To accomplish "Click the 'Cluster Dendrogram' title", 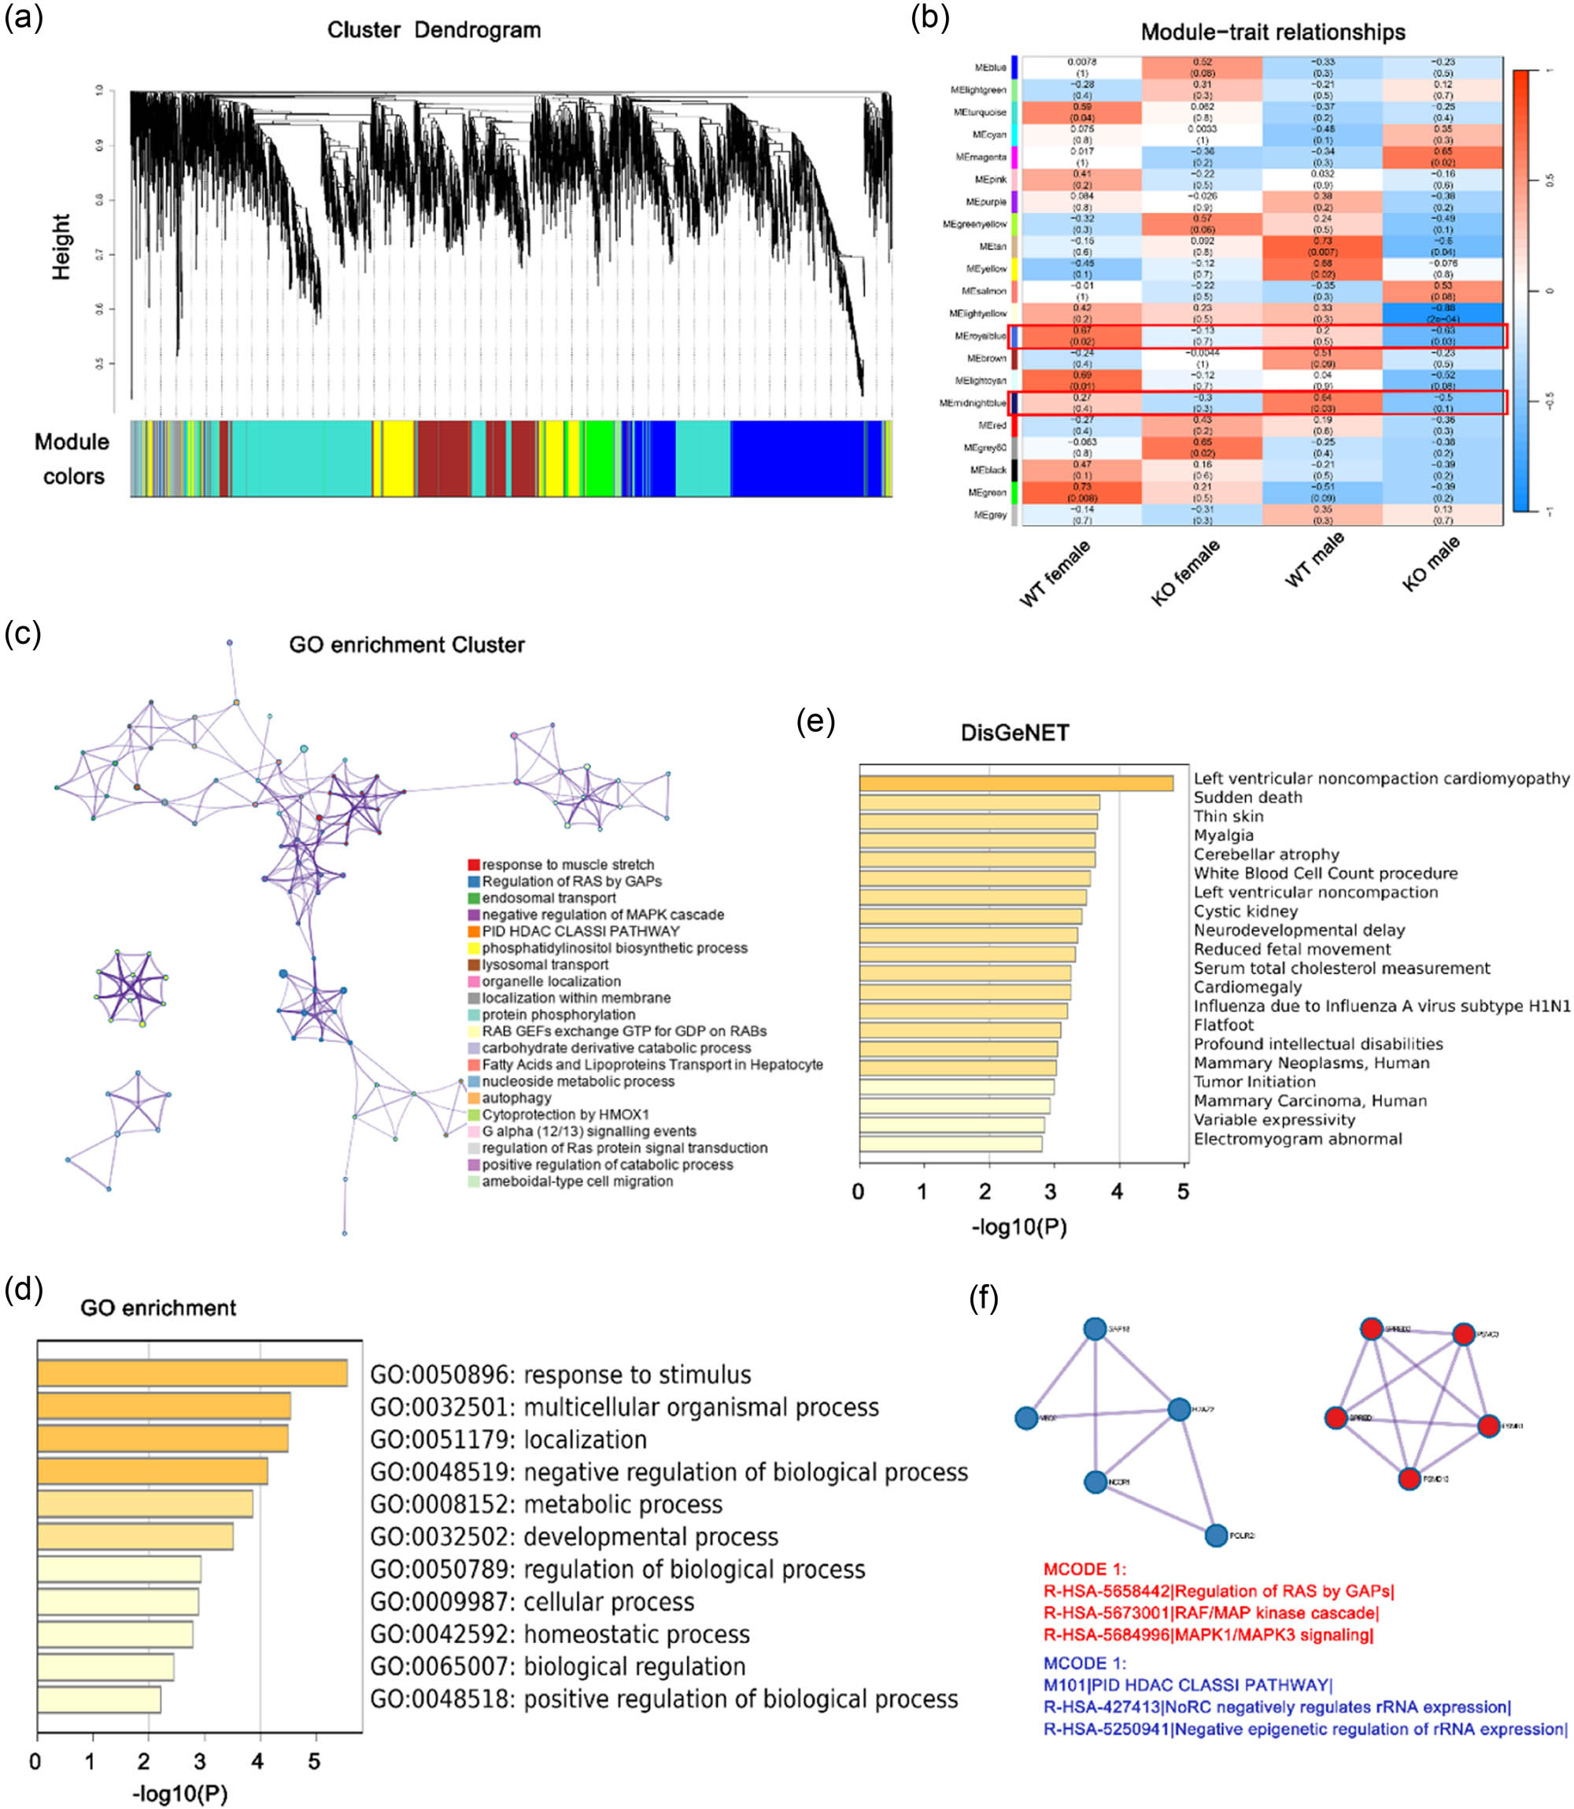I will pyautogui.click(x=434, y=30).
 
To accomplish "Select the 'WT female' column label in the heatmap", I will pyautogui.click(x=1055, y=574).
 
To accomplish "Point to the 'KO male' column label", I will pyautogui.click(x=1431, y=563).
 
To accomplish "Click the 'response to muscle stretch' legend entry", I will pyautogui.click(x=567, y=865).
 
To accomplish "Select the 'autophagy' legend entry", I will pyautogui.click(x=516, y=1098).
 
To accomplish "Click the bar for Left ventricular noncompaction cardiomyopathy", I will pyautogui.click(x=1015, y=783).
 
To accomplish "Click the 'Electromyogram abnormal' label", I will pyautogui.click(x=1297, y=1139).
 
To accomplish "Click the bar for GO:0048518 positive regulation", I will pyautogui.click(x=98, y=1699).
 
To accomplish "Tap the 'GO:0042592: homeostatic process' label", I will pyautogui.click(x=560, y=1634).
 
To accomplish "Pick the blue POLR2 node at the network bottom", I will pyautogui.click(x=1216, y=1535).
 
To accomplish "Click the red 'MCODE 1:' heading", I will pyautogui.click(x=1084, y=1569).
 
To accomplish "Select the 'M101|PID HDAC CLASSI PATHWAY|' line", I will pyautogui.click(x=1188, y=1685).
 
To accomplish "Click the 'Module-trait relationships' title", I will pyautogui.click(x=1273, y=32).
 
